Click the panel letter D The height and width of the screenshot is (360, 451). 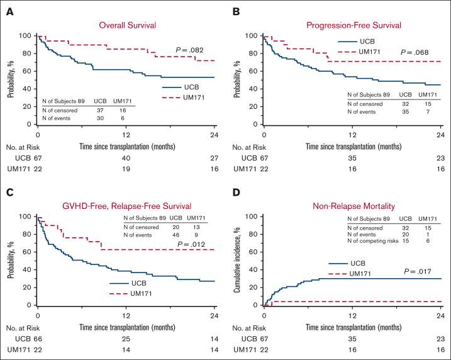click(236, 191)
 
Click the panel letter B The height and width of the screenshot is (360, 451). click(237, 10)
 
